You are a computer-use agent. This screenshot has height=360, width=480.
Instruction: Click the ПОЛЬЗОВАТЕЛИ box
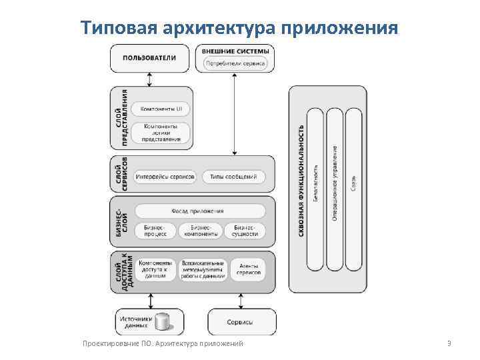(x=149, y=58)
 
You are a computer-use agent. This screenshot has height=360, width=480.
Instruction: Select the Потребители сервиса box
(x=235, y=64)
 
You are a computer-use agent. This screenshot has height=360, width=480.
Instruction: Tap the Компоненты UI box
(x=161, y=109)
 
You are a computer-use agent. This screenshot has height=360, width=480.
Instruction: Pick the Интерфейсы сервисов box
(x=165, y=177)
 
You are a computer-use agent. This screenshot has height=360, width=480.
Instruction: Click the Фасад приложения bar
(x=200, y=211)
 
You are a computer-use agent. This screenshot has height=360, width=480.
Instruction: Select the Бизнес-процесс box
(x=154, y=231)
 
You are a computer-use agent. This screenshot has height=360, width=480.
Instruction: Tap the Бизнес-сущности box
(x=244, y=231)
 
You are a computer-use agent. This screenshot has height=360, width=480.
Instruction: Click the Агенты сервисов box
(x=248, y=270)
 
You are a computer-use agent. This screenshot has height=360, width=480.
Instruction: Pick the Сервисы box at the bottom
(x=241, y=322)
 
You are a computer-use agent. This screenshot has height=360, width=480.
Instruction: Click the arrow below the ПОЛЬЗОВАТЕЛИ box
(x=149, y=79)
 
